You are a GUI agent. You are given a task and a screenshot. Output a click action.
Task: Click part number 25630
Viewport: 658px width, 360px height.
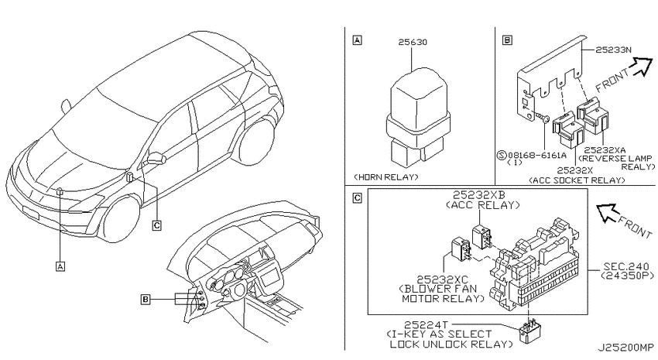click(413, 42)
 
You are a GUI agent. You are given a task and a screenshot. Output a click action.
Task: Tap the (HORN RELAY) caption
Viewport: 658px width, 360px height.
click(386, 177)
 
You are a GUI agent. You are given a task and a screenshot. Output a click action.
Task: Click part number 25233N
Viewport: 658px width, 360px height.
click(613, 50)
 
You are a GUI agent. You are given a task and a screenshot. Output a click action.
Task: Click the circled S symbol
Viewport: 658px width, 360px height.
click(502, 156)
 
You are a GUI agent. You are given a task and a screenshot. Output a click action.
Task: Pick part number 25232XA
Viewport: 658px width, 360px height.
click(605, 150)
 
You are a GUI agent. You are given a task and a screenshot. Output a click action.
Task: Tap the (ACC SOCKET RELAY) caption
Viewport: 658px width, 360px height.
click(577, 180)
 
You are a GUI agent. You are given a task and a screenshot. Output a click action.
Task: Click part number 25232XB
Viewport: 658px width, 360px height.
click(479, 195)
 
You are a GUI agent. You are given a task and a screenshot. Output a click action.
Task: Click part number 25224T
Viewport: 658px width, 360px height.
click(427, 324)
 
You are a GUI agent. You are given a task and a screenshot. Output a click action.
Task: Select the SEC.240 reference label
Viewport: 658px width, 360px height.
click(626, 266)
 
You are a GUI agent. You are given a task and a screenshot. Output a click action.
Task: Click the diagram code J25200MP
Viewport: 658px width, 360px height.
click(625, 348)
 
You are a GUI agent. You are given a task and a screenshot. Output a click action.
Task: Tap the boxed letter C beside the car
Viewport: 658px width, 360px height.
click(156, 226)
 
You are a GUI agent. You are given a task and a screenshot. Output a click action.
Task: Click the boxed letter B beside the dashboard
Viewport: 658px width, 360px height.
click(146, 299)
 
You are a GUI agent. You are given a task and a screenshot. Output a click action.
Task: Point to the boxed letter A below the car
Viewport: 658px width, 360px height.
click(60, 266)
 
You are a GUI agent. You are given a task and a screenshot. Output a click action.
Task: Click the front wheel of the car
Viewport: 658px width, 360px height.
click(121, 218)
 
